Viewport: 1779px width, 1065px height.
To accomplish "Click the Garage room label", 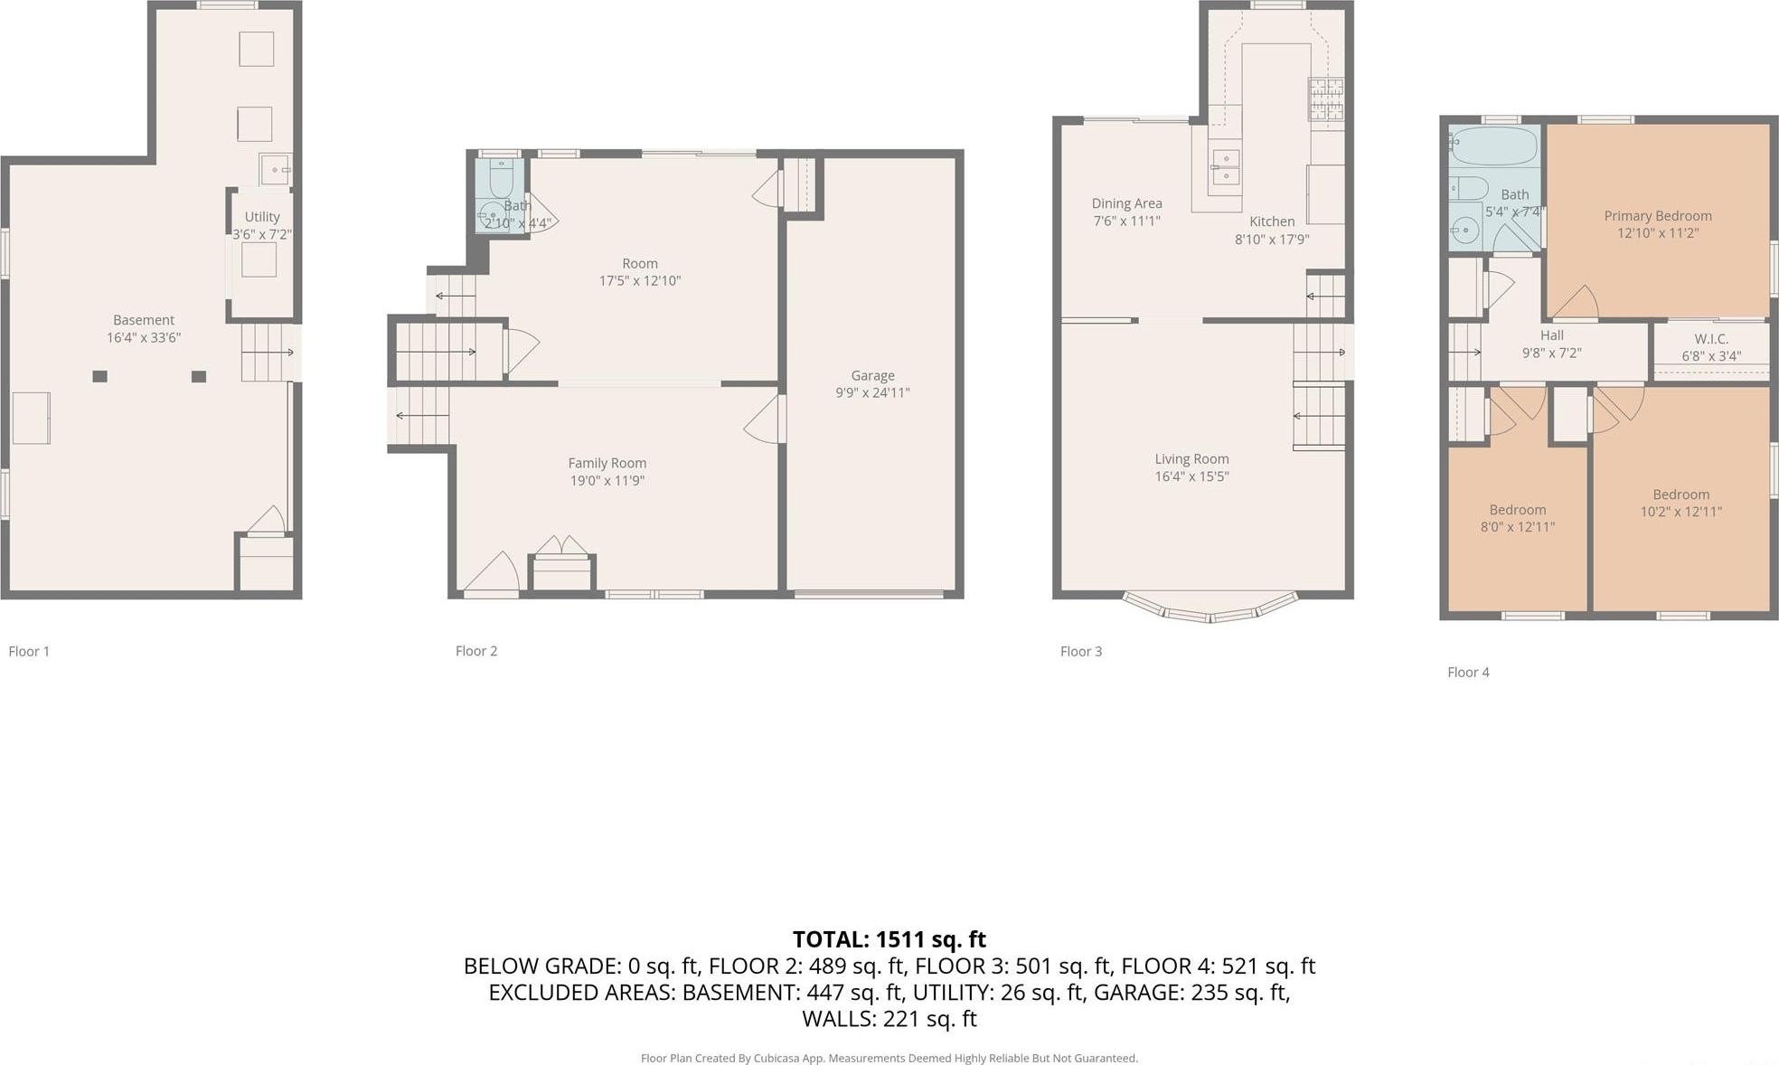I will pos(872,375).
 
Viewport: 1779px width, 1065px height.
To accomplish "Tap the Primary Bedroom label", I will pos(1657,216).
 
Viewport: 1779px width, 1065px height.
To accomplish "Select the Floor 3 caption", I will pos(1080,651).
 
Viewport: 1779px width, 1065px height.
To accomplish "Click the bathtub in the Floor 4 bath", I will pos(1492,146).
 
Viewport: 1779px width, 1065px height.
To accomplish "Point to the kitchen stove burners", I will pos(1326,99).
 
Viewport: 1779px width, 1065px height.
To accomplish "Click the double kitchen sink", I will pos(1225,167).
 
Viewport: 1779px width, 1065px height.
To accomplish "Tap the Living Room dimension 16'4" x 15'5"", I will pos(1191,476).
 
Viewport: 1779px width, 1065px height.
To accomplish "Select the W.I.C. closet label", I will pos(1710,339).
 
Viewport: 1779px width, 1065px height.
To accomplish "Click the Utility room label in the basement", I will pos(262,217).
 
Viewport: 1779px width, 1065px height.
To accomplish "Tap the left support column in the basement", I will pos(100,376).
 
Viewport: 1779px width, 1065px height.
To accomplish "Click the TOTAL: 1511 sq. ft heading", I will pos(889,939).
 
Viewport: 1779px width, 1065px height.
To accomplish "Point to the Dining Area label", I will pos(1126,203).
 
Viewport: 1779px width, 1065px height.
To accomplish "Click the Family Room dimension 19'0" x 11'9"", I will pos(607,481).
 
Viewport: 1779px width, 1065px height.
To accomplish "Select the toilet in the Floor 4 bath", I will pos(1470,188).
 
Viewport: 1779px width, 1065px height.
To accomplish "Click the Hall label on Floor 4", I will pos(1551,335).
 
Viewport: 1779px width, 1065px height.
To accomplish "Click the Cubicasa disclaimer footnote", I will pos(889,1058).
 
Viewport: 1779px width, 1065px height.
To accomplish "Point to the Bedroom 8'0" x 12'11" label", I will pos(1517,510).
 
